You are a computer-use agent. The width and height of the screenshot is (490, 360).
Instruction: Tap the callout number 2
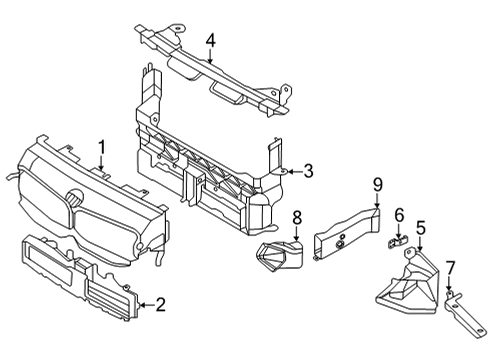(159, 304)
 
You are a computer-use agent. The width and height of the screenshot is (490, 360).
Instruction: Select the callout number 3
(308, 172)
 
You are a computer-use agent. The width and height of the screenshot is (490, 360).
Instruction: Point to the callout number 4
(211, 41)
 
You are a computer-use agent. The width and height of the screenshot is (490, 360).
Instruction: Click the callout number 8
(297, 217)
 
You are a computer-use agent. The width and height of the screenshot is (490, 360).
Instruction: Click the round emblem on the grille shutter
(75, 199)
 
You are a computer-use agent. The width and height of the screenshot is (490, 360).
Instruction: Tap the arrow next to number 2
(143, 304)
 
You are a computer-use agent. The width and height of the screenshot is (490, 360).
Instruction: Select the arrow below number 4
(211, 58)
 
